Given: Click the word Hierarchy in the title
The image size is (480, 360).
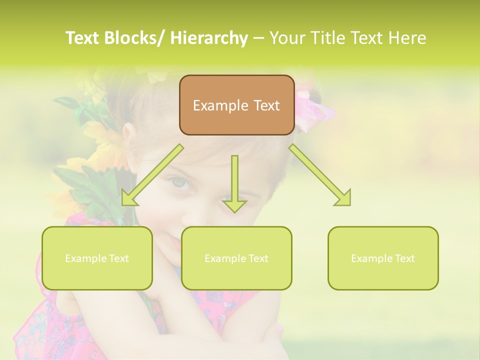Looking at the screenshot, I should (x=208, y=38).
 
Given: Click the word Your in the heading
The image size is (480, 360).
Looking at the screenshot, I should (x=288, y=38).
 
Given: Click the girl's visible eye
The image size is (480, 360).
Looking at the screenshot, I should (x=181, y=183).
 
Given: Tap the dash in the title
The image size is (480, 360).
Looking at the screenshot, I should (x=258, y=38).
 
